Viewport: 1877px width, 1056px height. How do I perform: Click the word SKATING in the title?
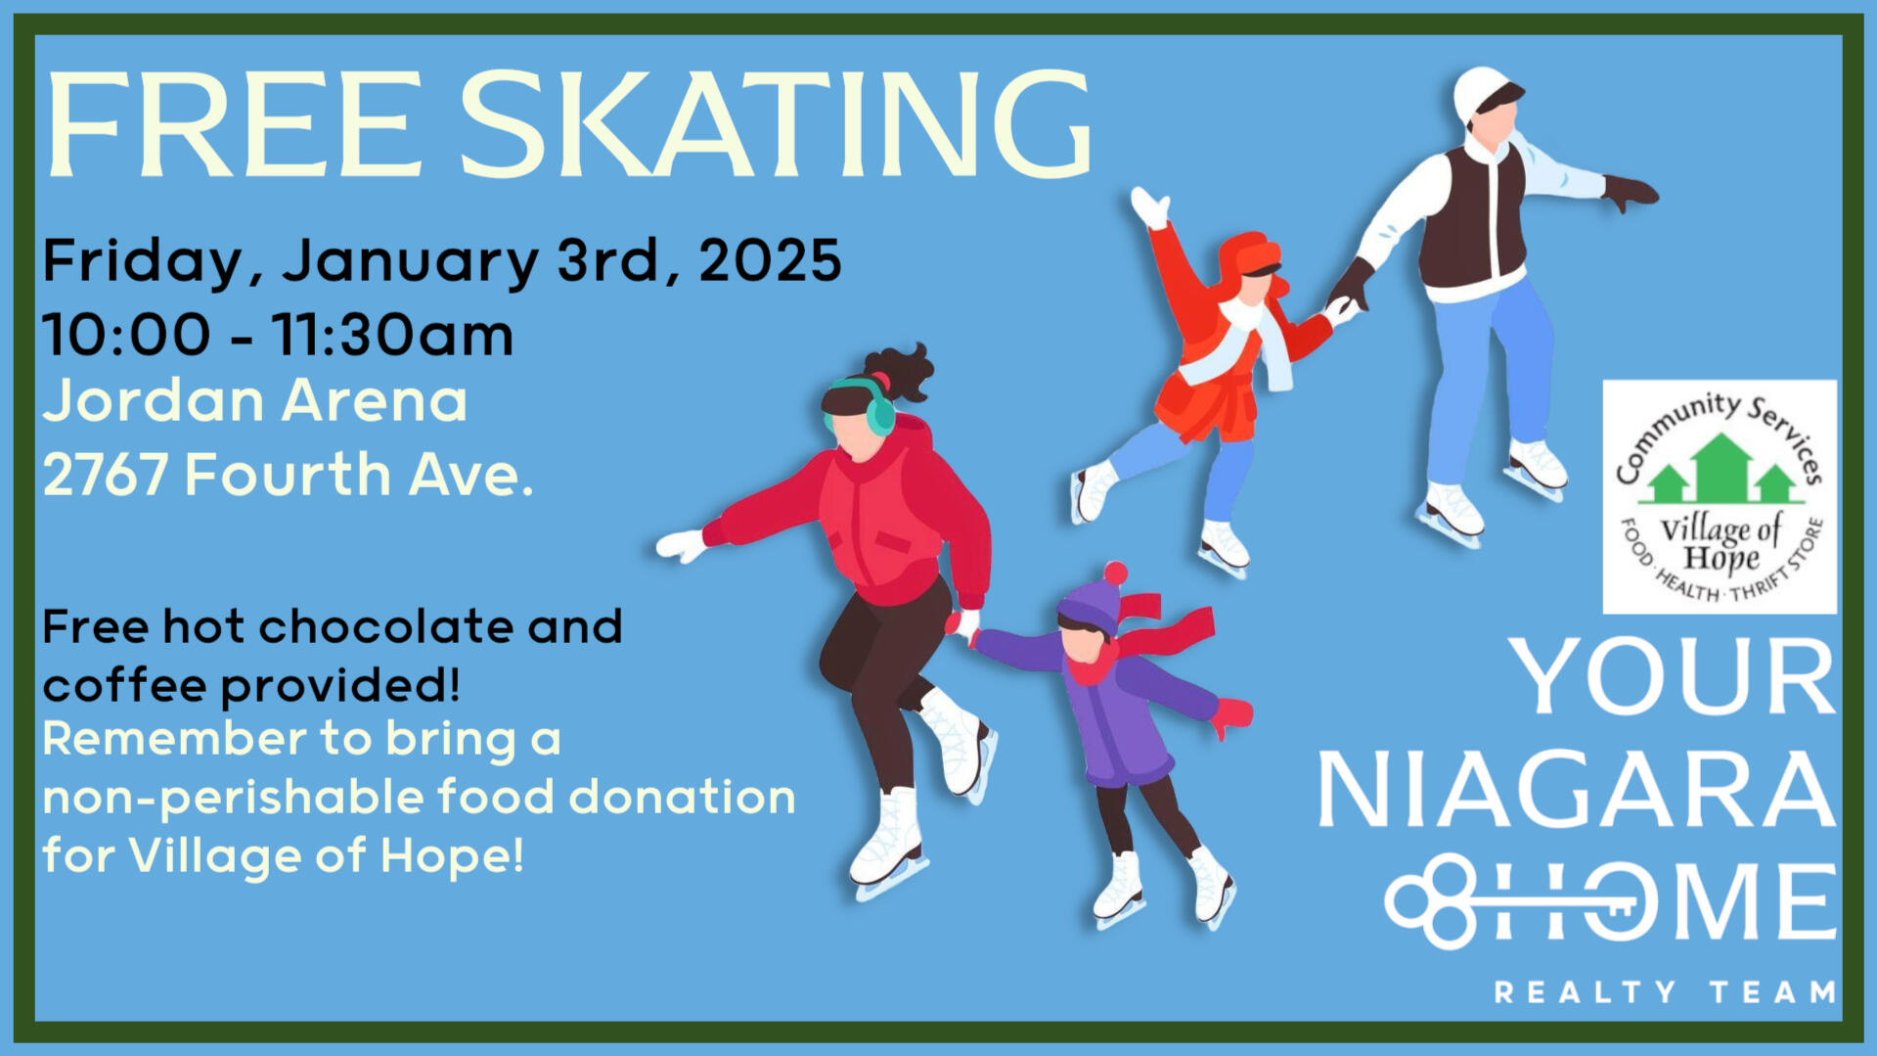coord(775,125)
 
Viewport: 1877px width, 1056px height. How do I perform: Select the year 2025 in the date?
coord(770,260)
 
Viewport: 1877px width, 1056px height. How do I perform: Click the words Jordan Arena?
coord(255,401)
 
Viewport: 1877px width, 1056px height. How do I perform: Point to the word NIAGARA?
coord(1576,789)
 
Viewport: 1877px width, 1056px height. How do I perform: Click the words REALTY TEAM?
coord(1666,991)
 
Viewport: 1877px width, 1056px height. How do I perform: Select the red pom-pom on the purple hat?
coord(1115,573)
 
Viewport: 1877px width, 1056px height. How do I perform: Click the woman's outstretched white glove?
coord(682,544)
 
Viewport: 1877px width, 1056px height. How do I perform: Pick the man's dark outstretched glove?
coord(1631,192)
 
